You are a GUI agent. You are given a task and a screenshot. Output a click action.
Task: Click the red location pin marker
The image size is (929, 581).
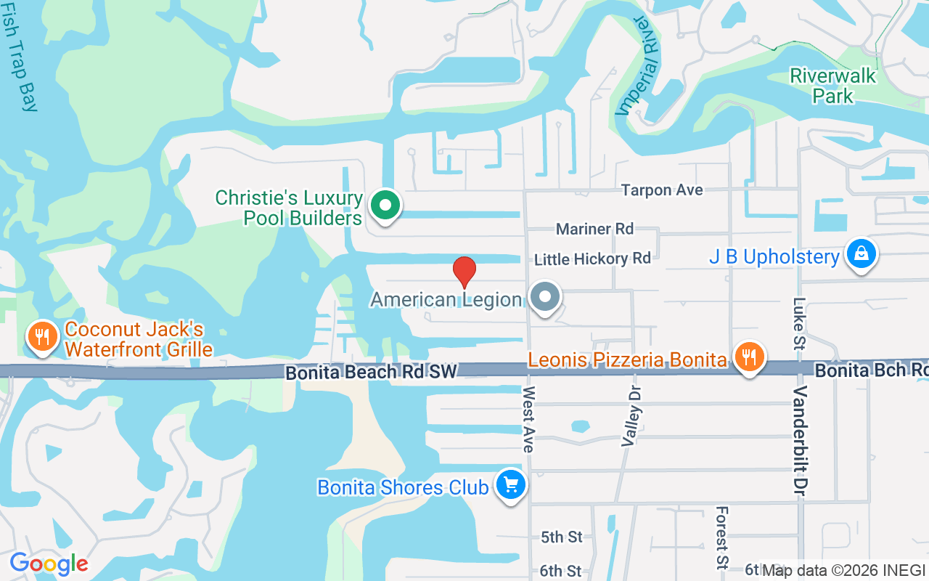(464, 272)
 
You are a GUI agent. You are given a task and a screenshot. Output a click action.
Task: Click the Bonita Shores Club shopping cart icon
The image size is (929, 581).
(510, 485)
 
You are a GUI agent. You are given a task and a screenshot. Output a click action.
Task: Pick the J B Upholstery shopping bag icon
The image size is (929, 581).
(860, 255)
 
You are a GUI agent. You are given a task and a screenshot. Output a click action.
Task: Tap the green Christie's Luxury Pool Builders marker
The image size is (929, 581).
(385, 206)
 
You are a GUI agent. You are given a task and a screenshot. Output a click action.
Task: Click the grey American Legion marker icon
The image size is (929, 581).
(544, 298)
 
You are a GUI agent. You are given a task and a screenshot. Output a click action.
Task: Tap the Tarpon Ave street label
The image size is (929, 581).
(662, 190)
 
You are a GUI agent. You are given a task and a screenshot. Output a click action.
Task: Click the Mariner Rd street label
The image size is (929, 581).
(594, 229)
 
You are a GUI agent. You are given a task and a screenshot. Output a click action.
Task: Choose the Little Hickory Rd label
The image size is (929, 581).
(592, 259)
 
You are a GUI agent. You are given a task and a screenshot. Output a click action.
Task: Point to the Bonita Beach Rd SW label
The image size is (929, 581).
(371, 373)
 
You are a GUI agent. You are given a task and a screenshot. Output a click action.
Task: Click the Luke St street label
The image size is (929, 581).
(800, 323)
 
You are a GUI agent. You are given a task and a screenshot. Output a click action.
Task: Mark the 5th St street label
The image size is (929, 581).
(562, 537)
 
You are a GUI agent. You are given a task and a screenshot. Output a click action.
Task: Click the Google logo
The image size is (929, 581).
(49, 563)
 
